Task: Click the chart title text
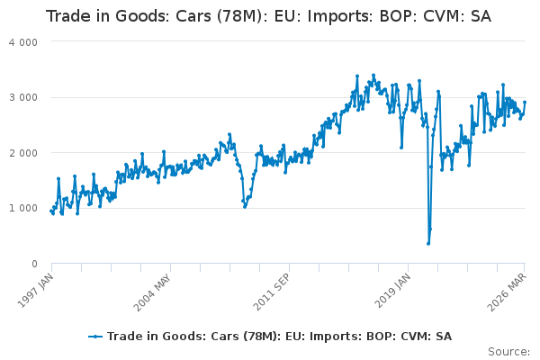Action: pyautogui.click(x=268, y=16)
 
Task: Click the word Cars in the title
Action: pyautogui.click(x=193, y=16)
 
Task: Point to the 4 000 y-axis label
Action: pyautogui.click(x=23, y=42)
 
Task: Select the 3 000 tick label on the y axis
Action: pyautogui.click(x=23, y=97)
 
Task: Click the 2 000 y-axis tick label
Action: pyautogui.click(x=23, y=153)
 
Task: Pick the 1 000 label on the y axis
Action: pyautogui.click(x=23, y=208)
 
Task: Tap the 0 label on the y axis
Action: pyautogui.click(x=34, y=264)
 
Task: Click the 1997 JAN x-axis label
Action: pyautogui.click(x=35, y=291)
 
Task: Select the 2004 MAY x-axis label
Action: pyautogui.click(x=153, y=292)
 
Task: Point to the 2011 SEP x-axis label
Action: pyautogui.click(x=272, y=292)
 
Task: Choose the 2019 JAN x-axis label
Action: pyautogui.click(x=392, y=291)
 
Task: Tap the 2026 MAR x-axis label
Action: pyautogui.click(x=507, y=292)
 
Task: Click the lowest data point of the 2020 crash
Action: pyautogui.click(x=428, y=244)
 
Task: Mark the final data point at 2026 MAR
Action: pyautogui.click(x=525, y=102)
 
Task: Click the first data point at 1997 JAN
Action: pyautogui.click(x=51, y=211)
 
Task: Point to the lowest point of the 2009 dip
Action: pyautogui.click(x=245, y=207)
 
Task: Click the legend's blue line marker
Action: pyautogui.click(x=95, y=337)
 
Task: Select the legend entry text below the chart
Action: pyautogui.click(x=279, y=337)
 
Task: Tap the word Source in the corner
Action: pyautogui.click(x=508, y=352)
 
